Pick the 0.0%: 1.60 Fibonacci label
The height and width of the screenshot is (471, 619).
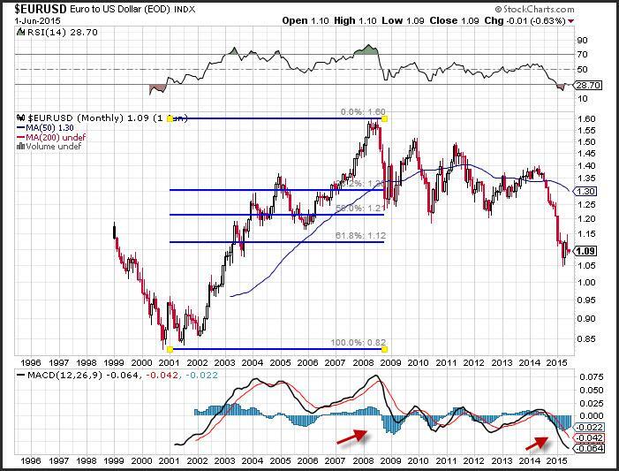[362, 112]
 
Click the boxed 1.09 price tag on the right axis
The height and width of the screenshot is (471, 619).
[587, 251]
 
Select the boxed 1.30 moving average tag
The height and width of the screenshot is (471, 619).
[587, 191]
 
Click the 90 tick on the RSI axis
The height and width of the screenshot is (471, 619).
[583, 40]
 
